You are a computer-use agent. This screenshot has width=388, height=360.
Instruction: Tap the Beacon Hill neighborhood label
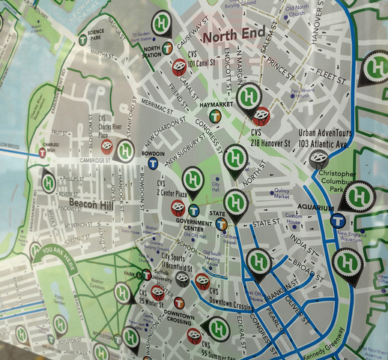[x=88, y=202]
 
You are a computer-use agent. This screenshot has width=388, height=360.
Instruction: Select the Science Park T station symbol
[x=82, y=40]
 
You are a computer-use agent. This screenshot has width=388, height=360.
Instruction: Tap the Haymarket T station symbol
[x=216, y=115]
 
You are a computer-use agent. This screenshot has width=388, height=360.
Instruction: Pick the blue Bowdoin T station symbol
[x=153, y=162]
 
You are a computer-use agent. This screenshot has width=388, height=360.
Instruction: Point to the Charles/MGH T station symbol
[x=43, y=152]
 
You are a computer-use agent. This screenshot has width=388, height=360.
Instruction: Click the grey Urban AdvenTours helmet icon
[x=318, y=159]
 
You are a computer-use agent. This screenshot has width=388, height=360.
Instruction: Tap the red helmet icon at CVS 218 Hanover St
[x=261, y=115]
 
